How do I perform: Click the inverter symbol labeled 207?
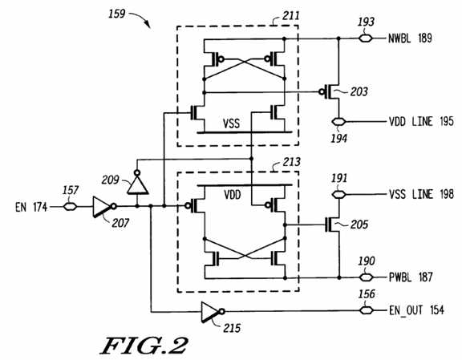(x=104, y=207)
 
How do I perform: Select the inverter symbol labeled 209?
(x=138, y=182)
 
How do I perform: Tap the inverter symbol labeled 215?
(x=213, y=312)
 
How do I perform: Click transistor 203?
(x=330, y=92)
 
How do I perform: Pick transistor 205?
(x=332, y=224)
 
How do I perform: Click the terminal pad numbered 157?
(x=70, y=207)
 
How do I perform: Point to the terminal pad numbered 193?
(x=366, y=38)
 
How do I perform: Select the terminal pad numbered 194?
(x=338, y=121)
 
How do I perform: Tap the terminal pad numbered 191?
(x=338, y=195)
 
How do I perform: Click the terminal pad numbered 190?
(x=367, y=277)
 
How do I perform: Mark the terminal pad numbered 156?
(x=367, y=310)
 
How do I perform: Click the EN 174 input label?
(x=31, y=207)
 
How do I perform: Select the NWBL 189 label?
(x=410, y=38)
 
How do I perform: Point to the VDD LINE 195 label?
(x=421, y=121)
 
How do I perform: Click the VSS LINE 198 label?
(x=421, y=195)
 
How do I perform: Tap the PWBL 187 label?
(x=411, y=277)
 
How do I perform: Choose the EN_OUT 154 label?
(x=416, y=310)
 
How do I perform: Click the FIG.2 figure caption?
(x=144, y=346)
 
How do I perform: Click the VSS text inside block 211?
(x=231, y=123)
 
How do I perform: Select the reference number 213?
(x=292, y=162)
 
